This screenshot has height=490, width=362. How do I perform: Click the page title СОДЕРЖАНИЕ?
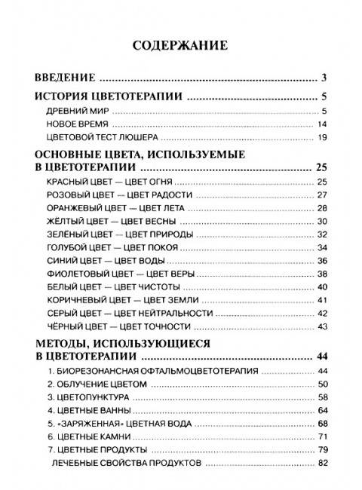pos(180,45)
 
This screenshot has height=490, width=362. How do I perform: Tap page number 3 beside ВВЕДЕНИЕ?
pos(322,77)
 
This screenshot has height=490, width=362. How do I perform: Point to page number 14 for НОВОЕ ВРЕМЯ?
pos(321,123)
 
